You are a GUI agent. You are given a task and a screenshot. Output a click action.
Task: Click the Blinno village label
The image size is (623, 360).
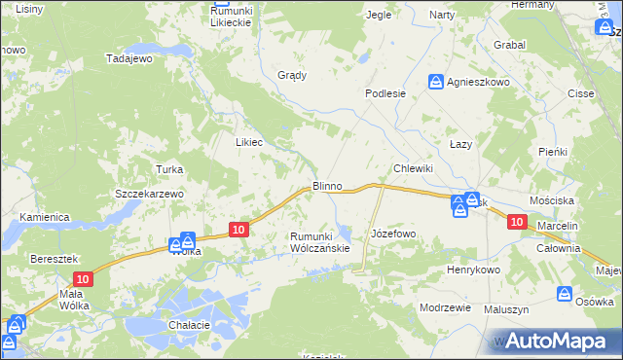pos(326,185)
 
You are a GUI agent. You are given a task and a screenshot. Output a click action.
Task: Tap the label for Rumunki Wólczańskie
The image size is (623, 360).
pos(320,242)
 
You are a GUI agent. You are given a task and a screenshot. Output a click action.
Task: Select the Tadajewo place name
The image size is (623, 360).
pos(130,58)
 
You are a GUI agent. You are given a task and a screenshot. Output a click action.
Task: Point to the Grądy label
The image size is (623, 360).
pos(292,75)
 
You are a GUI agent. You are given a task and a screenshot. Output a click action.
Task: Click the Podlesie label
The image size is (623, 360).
pos(385,93)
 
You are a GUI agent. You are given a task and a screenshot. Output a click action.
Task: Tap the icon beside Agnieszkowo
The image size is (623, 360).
pos(437,83)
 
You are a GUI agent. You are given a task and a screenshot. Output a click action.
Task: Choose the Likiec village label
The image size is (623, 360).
pos(249,142)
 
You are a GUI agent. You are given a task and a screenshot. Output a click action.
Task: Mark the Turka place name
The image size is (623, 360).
pos(169,169)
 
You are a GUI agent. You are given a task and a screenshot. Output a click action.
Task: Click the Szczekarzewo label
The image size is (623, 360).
pos(150,194)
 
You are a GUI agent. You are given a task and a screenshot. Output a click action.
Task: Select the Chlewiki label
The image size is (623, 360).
pos(413,168)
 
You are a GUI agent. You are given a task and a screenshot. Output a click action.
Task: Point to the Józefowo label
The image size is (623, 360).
pos(394,234)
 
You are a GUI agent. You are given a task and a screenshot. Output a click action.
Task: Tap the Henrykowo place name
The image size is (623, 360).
pos(473,270)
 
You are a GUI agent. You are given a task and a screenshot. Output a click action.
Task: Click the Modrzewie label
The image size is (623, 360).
pos(445,306)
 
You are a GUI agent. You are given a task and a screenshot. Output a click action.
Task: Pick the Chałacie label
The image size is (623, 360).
pos(190,325)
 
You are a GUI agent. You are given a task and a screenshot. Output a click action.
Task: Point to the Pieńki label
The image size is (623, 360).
pos(553,152)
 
